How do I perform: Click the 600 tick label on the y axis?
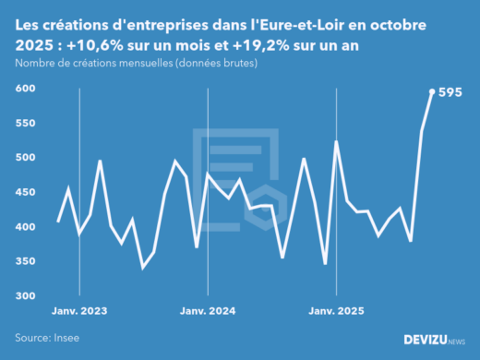tap(25, 89)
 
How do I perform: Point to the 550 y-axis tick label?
tap(25, 123)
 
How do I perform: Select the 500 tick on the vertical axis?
tap(25, 158)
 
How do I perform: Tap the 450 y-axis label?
tap(25, 192)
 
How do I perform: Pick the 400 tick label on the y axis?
tap(25, 227)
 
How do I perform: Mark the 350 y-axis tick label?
tap(25, 261)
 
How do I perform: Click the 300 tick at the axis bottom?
tap(25, 296)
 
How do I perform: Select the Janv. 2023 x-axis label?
tap(80, 311)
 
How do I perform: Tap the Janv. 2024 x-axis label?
tap(208, 311)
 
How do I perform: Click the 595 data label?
tap(450, 92)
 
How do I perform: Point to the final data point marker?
tap(432, 91)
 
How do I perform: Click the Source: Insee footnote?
tap(47, 338)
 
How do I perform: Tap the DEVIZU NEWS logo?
tap(434, 339)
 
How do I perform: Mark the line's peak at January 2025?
tap(336, 142)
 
